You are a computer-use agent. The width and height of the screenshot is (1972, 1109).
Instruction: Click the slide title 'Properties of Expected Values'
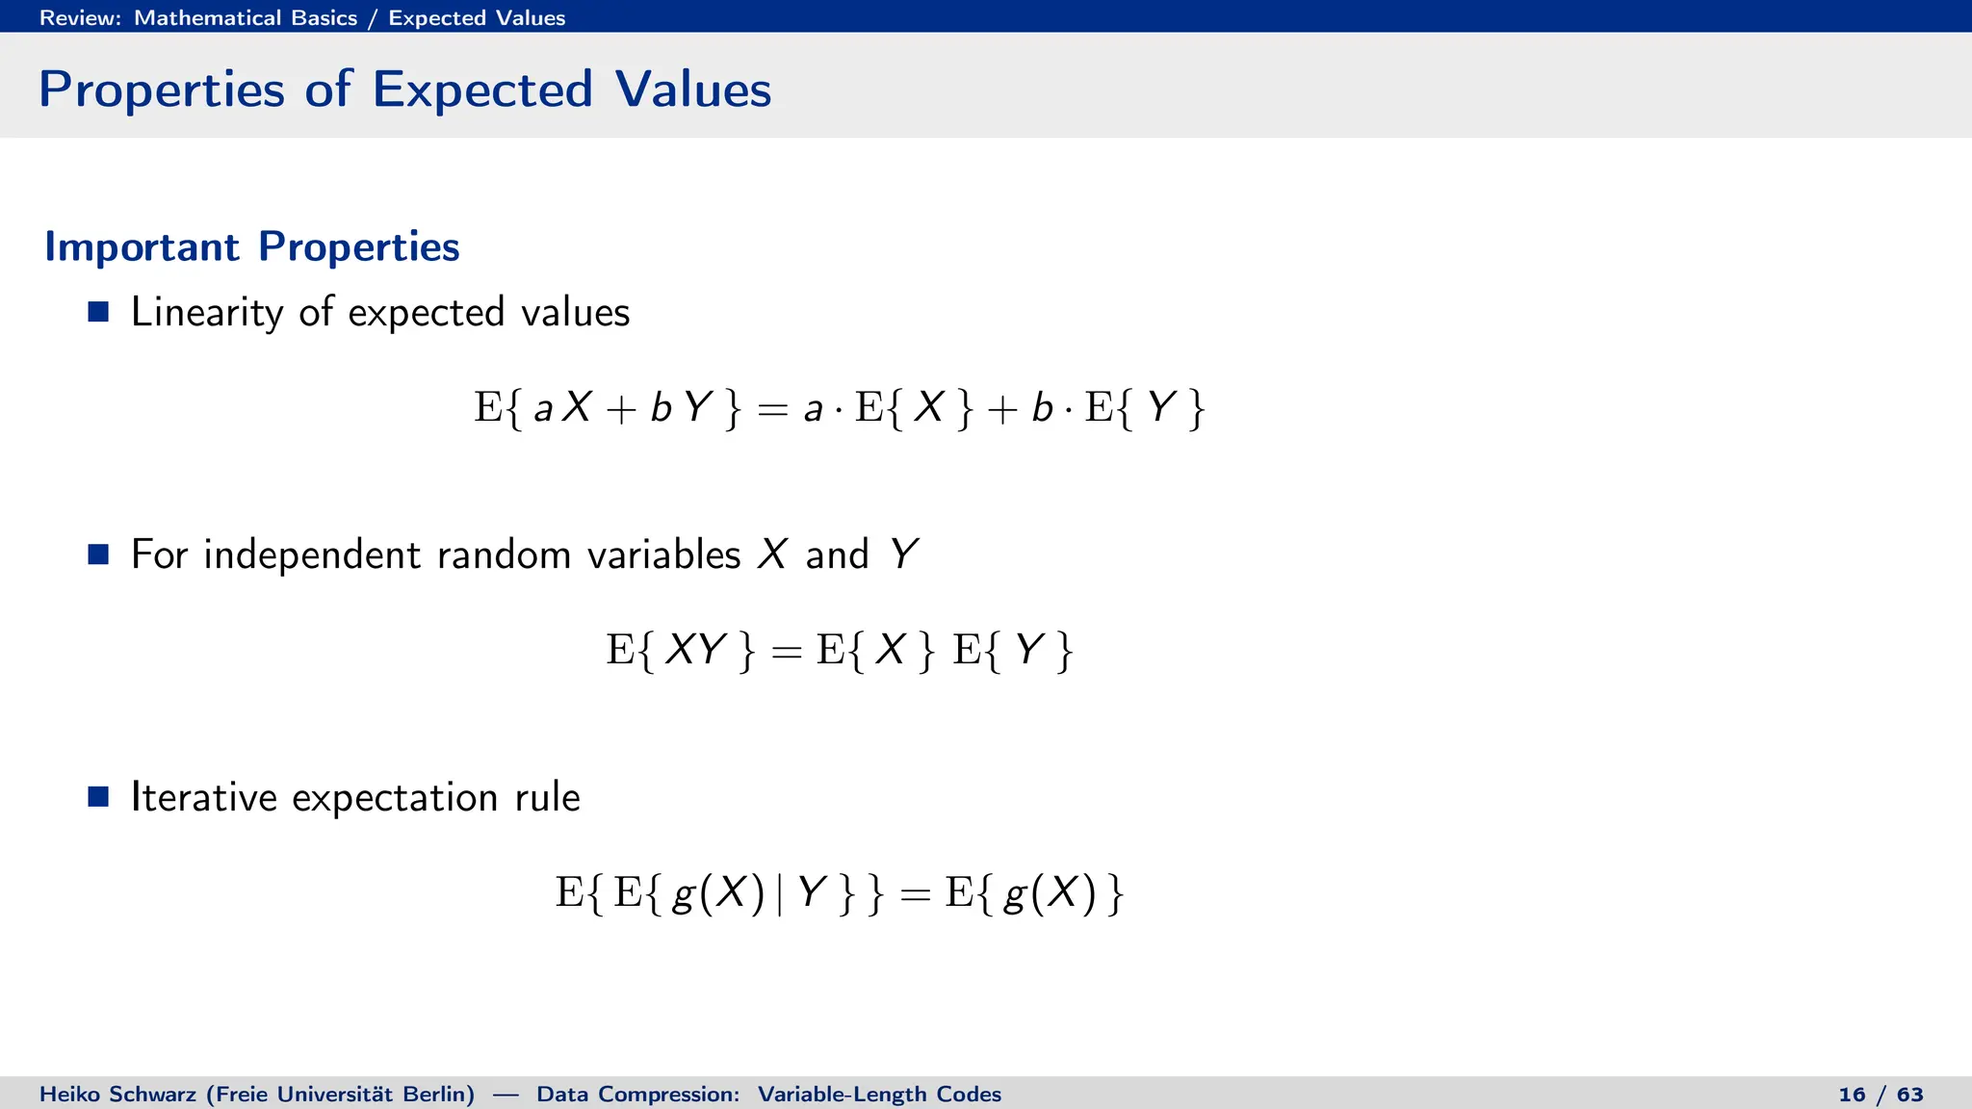(x=404, y=90)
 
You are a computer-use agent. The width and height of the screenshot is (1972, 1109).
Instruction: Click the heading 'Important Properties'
(x=252, y=247)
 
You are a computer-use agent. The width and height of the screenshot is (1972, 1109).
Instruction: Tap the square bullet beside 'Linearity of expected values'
(x=98, y=312)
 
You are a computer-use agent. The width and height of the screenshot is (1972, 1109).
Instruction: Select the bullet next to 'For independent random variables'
(x=98, y=554)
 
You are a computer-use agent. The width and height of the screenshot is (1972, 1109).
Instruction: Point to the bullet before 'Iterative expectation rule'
(x=98, y=797)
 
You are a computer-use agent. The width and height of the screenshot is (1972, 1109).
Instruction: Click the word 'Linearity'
(x=207, y=313)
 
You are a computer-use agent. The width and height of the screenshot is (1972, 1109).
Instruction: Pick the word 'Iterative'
(x=204, y=797)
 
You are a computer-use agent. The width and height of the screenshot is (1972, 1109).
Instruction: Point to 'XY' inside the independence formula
(x=694, y=650)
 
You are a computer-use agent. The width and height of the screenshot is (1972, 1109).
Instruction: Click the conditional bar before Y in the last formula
(x=779, y=894)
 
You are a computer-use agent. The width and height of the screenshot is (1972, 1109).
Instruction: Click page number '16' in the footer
(x=1852, y=1095)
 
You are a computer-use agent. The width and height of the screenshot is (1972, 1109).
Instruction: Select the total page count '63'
(x=1910, y=1095)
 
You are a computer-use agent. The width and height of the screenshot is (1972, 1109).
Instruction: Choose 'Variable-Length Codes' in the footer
(x=879, y=1095)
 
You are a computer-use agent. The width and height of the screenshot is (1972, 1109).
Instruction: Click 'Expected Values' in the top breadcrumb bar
(x=477, y=18)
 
